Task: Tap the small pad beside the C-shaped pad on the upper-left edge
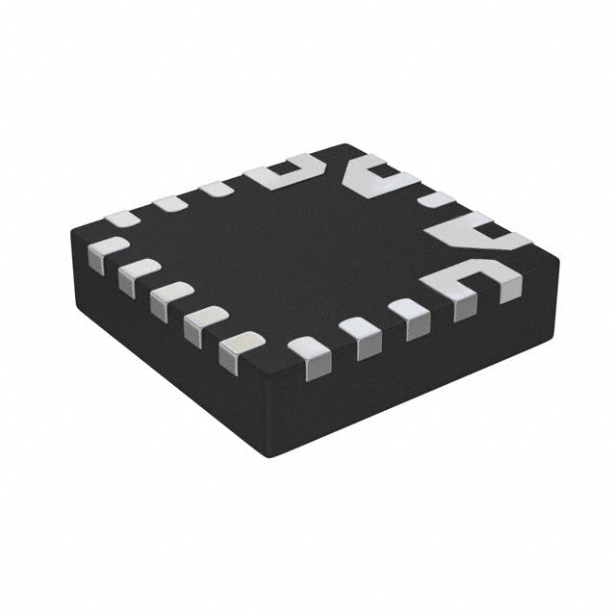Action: [219, 190]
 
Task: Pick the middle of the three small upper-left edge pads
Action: [170, 204]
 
